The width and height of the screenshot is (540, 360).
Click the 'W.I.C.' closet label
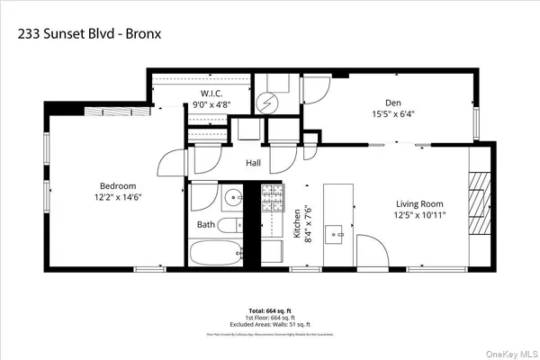(x=211, y=93)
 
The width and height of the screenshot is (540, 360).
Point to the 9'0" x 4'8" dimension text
(x=211, y=105)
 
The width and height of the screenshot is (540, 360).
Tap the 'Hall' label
(x=254, y=164)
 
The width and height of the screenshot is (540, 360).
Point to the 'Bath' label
(x=206, y=224)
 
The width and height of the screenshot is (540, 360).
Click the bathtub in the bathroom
(x=216, y=252)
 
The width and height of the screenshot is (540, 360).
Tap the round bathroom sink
(x=233, y=195)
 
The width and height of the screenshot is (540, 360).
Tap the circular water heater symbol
(x=265, y=103)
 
